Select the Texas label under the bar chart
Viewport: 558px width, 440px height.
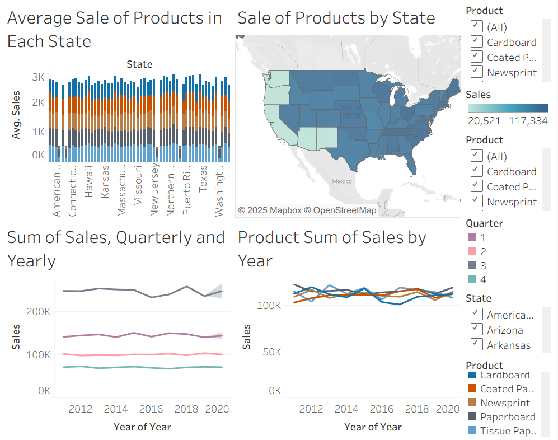[203, 177]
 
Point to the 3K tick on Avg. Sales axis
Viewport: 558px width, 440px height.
[38, 77]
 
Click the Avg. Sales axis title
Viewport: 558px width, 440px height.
[17, 115]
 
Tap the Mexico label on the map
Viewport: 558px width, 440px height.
[341, 181]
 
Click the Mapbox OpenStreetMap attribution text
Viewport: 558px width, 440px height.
[307, 210]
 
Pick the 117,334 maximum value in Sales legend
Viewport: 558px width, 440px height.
[528, 120]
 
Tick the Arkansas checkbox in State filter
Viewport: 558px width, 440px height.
[477, 344]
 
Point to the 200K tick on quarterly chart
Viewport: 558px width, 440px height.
[40, 312]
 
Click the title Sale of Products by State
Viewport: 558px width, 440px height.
[336, 18]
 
